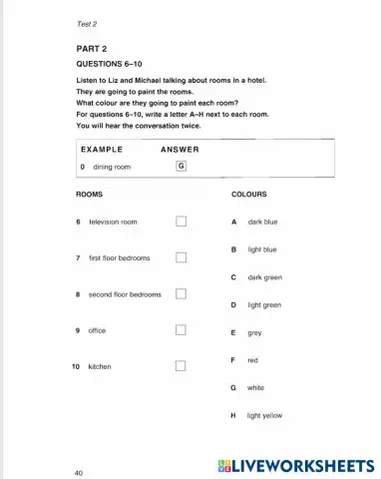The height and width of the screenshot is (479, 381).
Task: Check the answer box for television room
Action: (182, 222)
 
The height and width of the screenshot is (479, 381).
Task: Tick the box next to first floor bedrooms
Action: (182, 257)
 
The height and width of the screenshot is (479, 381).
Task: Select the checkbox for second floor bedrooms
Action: (182, 294)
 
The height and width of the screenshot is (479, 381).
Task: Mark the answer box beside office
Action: (182, 330)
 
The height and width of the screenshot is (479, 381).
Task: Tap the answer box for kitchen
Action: (182, 366)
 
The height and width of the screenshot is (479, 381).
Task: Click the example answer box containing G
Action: (181, 167)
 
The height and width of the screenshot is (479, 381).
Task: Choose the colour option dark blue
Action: (262, 222)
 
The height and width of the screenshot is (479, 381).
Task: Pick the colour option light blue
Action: (261, 249)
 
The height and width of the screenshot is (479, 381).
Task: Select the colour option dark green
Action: (264, 277)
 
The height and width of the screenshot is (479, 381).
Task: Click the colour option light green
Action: (264, 305)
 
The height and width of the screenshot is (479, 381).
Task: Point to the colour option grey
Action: (254, 333)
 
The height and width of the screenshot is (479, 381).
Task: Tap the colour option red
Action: (252, 360)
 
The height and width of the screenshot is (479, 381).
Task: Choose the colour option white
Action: (254, 387)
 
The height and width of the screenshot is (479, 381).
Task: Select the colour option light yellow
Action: (264, 415)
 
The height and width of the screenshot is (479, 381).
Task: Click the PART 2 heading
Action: (91, 48)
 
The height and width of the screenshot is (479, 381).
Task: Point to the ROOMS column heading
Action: (89, 195)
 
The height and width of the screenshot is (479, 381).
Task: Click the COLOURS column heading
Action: (248, 195)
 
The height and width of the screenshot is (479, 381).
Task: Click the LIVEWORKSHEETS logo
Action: (294, 466)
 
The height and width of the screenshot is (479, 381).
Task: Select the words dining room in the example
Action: (112, 167)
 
